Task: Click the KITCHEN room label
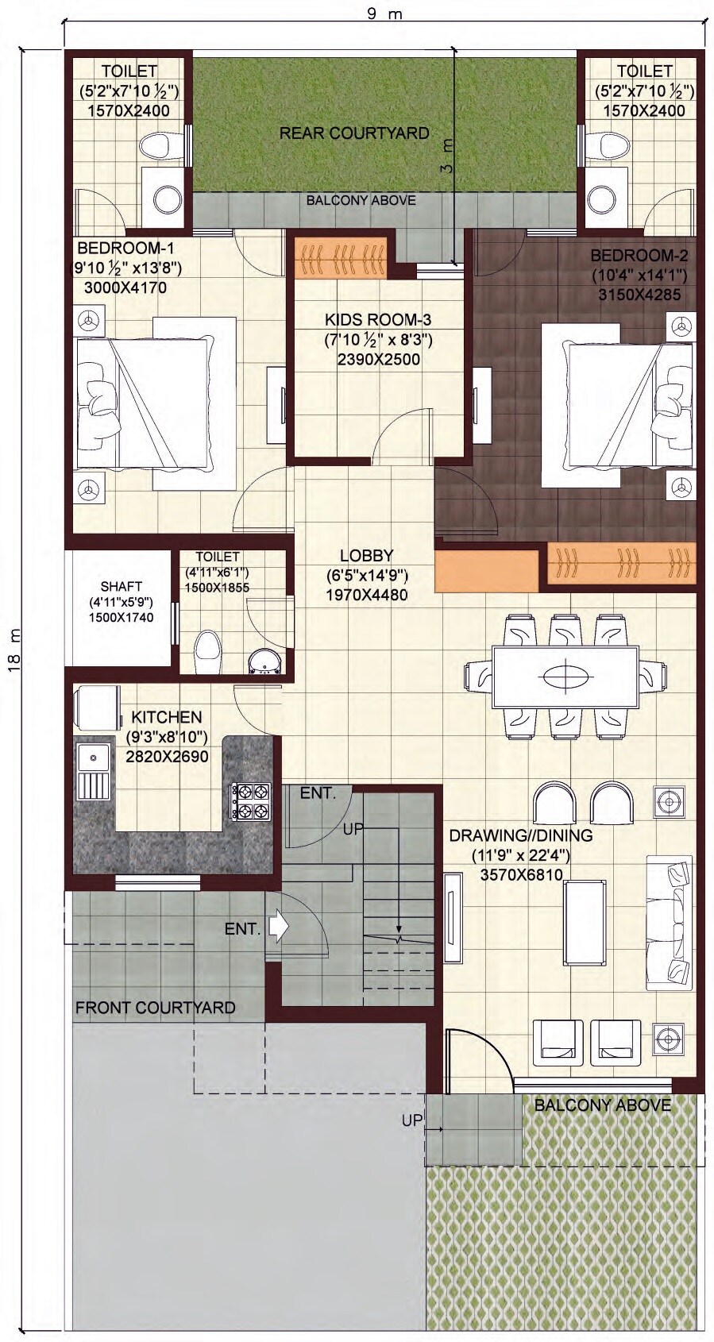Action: click(x=166, y=717)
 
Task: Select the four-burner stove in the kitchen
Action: click(x=250, y=800)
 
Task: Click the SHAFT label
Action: click(x=122, y=586)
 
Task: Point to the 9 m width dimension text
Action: click(x=384, y=14)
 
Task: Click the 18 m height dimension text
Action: click(x=15, y=649)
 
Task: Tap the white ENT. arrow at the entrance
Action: click(x=280, y=927)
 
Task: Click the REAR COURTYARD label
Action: click(x=354, y=133)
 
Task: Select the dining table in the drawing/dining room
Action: click(x=565, y=677)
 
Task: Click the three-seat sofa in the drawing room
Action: click(x=668, y=921)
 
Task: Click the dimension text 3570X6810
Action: click(x=521, y=874)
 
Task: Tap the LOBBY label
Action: click(x=366, y=555)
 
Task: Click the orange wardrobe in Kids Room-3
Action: click(x=341, y=258)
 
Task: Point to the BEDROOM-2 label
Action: click(x=639, y=256)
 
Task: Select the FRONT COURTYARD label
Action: click(x=155, y=1007)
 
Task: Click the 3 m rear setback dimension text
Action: click(x=447, y=156)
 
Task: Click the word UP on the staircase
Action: click(x=353, y=828)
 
